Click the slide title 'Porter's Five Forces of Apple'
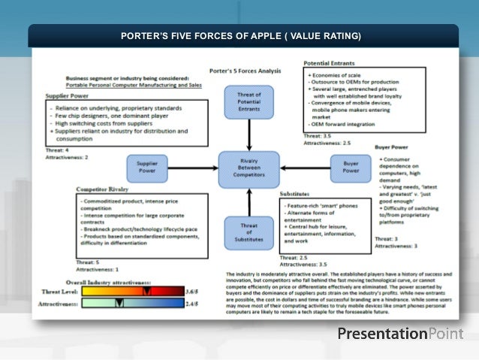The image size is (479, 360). pyautogui.click(x=240, y=36)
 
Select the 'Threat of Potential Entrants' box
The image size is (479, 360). pyautogui.click(x=243, y=101)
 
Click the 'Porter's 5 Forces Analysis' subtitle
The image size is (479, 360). pyautogui.click(x=245, y=70)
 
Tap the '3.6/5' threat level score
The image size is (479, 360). pyautogui.click(x=193, y=291)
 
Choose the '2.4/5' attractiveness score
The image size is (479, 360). pyautogui.click(x=193, y=303)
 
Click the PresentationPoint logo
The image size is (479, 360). pyautogui.click(x=400, y=333)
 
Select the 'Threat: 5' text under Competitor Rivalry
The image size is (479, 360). pyautogui.click(x=88, y=262)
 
